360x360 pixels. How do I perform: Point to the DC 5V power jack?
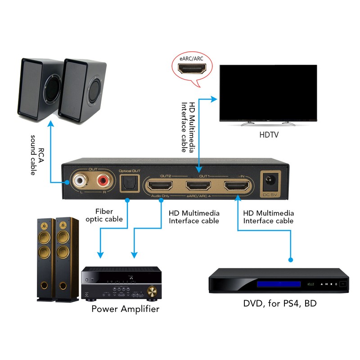(x=272, y=182)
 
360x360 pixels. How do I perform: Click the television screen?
(x=268, y=92)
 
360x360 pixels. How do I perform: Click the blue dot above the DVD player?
(x=291, y=260)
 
